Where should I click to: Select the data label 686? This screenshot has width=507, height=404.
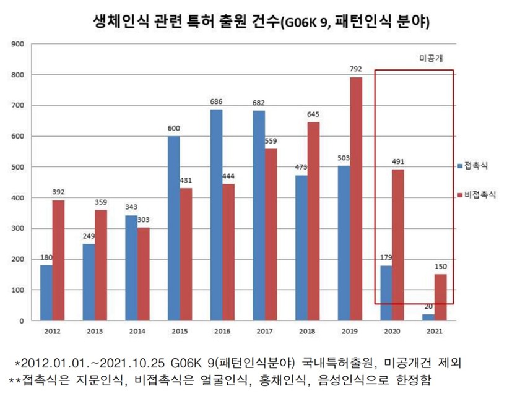pos(217,101)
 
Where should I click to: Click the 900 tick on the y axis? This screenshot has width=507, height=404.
pos(18,44)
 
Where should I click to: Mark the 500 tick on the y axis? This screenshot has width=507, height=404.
pos(18,167)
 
